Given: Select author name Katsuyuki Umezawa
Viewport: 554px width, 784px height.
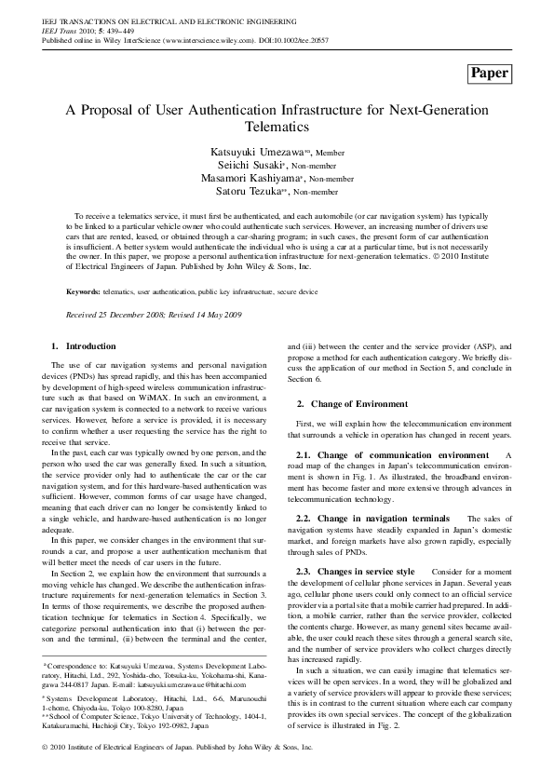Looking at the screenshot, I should pyautogui.click(x=258, y=151).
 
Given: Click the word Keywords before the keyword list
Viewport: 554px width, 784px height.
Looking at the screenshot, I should pyautogui.click(x=83, y=291).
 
